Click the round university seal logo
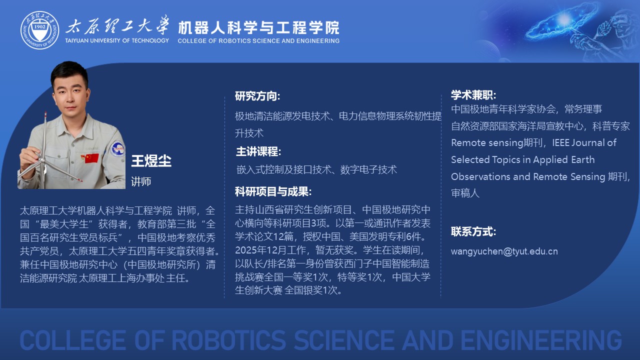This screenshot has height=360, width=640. click(39, 30)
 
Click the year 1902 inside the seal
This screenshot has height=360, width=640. click(39, 26)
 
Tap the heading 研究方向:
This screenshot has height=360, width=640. click(257, 96)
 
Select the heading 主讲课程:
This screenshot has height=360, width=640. click(258, 151)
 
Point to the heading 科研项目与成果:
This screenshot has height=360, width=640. click(273, 191)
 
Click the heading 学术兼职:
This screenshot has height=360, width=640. click(473, 95)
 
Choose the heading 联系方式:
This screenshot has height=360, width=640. click(473, 231)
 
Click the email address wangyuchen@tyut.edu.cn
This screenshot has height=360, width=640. click(504, 251)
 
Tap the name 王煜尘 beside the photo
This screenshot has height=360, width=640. click(151, 161)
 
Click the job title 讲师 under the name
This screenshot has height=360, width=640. click(141, 181)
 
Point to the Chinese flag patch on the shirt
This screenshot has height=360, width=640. click(91, 158)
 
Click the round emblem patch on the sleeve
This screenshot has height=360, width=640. click(117, 148)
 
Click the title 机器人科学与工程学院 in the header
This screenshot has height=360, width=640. click(258, 27)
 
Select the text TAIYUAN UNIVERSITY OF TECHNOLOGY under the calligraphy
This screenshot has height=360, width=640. click(117, 40)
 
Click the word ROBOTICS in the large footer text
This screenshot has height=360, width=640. click(228, 340)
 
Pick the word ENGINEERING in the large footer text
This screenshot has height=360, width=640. click(541, 340)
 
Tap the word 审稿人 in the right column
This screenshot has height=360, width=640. click(465, 193)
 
